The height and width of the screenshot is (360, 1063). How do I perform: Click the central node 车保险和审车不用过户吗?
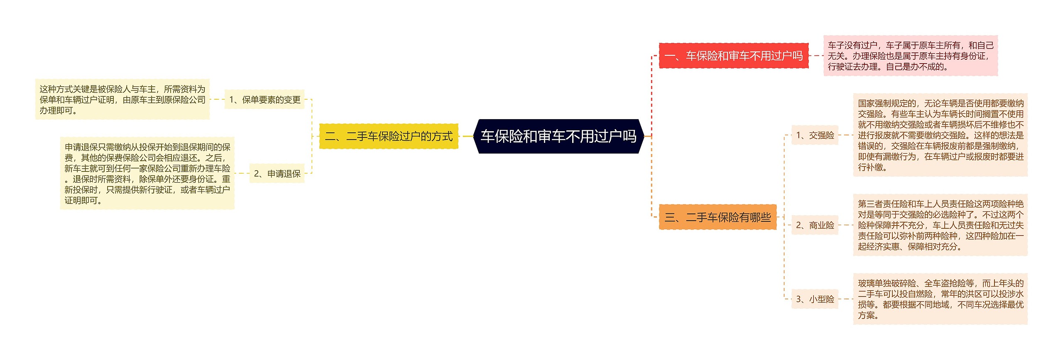(558, 136)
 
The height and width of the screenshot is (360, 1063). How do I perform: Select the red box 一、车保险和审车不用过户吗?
(734, 56)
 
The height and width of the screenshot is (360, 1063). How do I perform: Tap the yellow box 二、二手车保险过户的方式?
(389, 136)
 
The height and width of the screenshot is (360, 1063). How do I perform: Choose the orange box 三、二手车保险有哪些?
(718, 217)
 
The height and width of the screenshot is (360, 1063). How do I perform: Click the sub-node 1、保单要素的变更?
(265, 100)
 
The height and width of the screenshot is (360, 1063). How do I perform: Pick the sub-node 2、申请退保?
(277, 174)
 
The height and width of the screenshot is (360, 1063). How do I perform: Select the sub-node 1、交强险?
(815, 135)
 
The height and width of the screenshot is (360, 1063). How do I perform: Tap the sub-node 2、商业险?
(815, 225)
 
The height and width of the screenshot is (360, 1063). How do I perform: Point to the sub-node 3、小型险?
(815, 299)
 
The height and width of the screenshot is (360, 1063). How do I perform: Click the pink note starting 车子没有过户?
(910, 56)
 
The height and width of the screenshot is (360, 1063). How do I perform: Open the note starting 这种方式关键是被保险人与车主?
(122, 100)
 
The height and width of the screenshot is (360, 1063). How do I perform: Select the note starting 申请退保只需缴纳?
(147, 174)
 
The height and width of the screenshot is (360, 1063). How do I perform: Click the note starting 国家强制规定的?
(941, 135)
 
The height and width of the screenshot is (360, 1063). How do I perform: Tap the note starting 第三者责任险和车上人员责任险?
(941, 225)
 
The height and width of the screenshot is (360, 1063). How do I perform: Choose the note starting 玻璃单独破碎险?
(941, 299)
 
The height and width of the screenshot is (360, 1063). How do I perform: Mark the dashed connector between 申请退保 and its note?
(242, 174)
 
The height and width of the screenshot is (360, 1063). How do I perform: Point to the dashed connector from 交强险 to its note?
(846, 135)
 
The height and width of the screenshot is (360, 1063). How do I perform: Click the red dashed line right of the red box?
(816, 56)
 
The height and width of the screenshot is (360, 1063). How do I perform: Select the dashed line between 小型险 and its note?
(846, 299)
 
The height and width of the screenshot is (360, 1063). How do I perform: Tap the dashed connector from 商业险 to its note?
(846, 225)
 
